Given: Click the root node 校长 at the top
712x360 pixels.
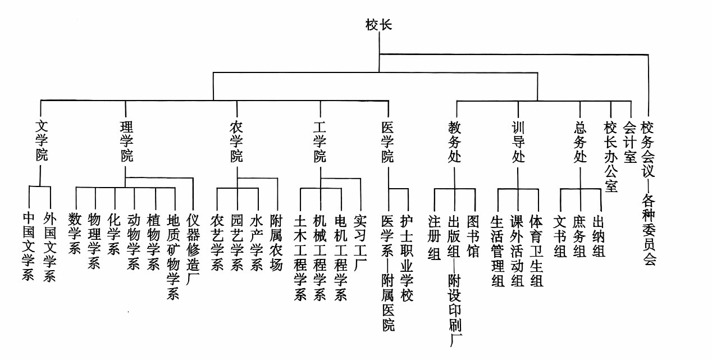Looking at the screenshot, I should click(378, 25).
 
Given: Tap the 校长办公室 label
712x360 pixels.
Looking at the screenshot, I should click(611, 156).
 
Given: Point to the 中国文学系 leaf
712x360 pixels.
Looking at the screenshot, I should click(29, 246).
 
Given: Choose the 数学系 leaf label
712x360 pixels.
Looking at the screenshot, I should click(75, 233).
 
